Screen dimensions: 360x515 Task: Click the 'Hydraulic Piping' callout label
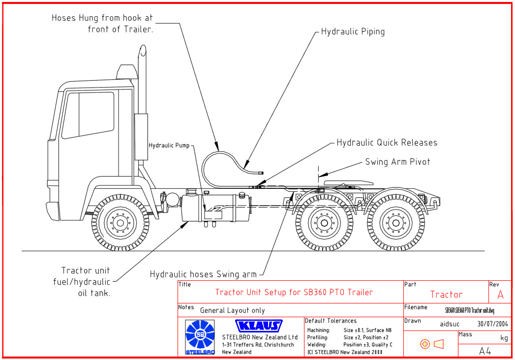[353, 32]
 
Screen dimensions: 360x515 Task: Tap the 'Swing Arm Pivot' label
[397, 162]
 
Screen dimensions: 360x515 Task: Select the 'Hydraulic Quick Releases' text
[387, 143]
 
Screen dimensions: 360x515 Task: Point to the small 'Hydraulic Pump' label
[169, 146]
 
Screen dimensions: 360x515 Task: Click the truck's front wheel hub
[120, 223]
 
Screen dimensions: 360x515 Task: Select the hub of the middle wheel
[323, 223]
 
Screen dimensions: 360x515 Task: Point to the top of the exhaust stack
[142, 49]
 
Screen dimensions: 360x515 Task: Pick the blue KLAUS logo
[259, 326]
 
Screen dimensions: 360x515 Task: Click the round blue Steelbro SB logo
[200, 335]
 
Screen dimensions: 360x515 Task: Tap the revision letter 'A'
[501, 295]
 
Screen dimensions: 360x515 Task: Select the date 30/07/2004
[492, 324]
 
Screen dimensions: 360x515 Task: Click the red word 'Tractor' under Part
[446, 295]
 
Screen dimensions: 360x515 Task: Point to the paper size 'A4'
[485, 351]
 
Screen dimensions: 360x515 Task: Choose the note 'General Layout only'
[232, 310]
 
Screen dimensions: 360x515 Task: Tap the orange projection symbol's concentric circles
[425, 344]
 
